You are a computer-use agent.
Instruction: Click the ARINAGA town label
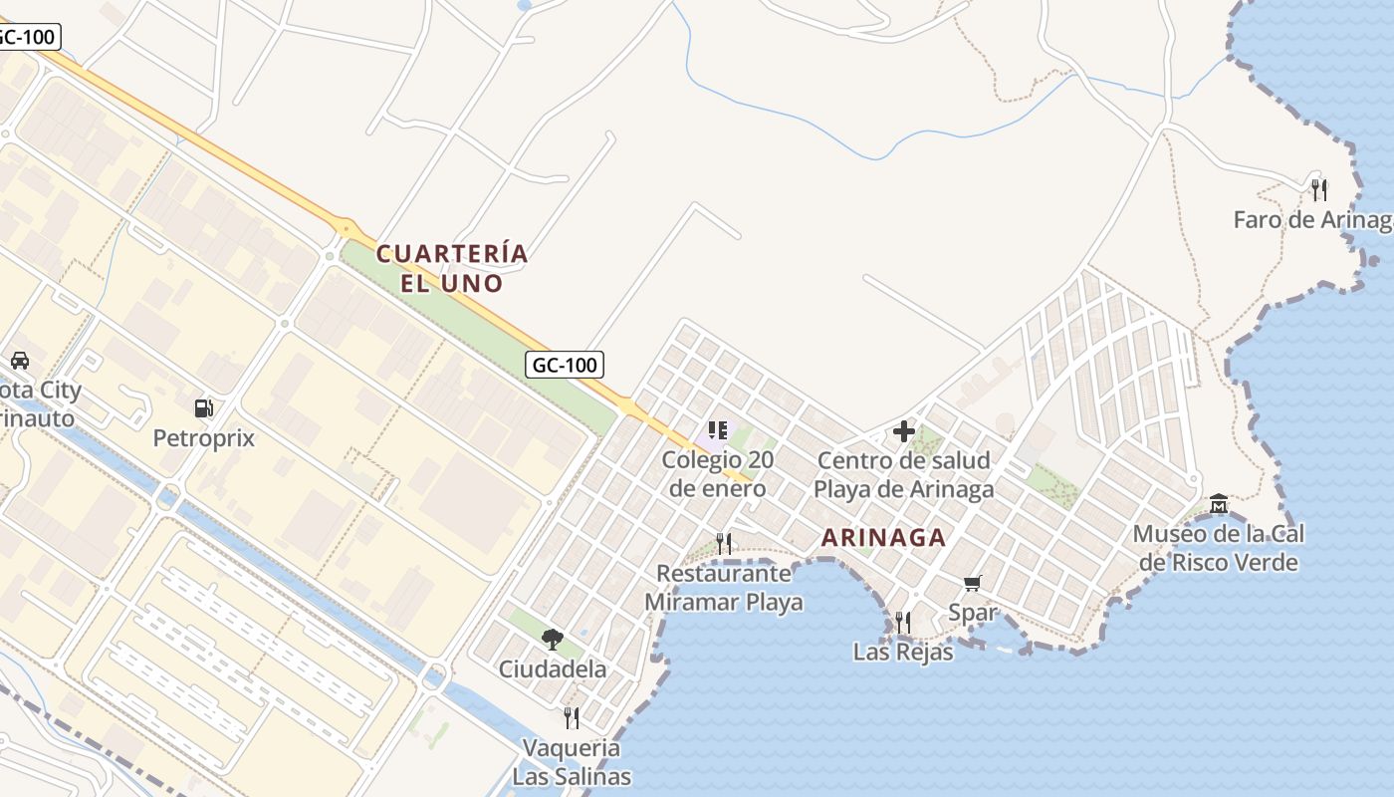[883, 538]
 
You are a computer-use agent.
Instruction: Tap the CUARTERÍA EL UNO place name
[452, 268]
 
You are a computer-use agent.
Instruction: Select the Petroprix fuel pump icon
[203, 407]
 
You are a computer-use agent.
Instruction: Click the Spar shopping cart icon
[973, 583]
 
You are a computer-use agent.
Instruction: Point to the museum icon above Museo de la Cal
[1219, 504]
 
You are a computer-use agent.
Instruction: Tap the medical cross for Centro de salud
[904, 431]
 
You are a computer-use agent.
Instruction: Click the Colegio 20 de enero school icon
[718, 431]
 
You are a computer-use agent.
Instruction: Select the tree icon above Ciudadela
[552, 639]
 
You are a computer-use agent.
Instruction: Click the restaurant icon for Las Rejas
[903, 623]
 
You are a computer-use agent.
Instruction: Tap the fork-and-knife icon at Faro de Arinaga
[1319, 189]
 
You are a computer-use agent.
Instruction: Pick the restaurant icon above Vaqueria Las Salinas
[572, 717]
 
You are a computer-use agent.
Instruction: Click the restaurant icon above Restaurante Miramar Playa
[724, 543]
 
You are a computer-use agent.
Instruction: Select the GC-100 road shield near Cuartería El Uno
[565, 365]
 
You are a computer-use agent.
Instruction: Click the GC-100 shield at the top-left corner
[28, 37]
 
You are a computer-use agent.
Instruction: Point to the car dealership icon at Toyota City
[19, 360]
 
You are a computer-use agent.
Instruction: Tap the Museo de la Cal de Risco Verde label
[1219, 548]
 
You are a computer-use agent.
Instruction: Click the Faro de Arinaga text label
[1312, 220]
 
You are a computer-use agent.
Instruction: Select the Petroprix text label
[203, 438]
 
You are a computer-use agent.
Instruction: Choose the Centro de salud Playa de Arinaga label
[904, 474]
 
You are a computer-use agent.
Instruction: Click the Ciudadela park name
[553, 668]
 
